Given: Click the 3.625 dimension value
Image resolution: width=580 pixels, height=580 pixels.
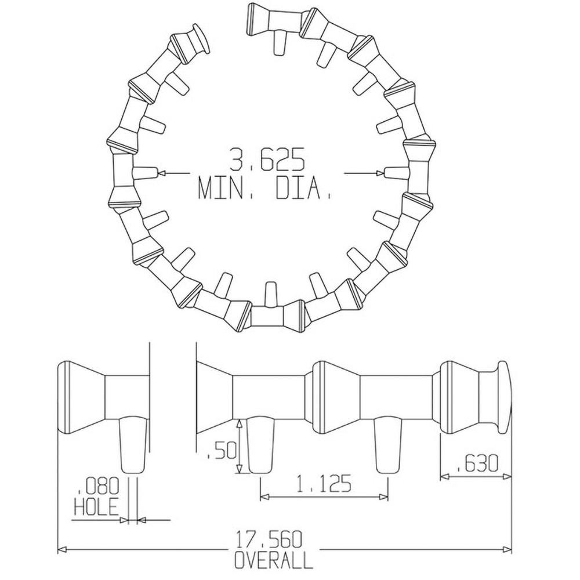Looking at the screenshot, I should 266,159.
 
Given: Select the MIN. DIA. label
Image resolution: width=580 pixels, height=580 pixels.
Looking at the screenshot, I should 264,188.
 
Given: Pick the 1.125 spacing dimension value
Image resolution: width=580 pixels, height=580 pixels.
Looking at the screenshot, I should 324,484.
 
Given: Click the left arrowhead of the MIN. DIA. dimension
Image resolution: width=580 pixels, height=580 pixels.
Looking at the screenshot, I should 161,173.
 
